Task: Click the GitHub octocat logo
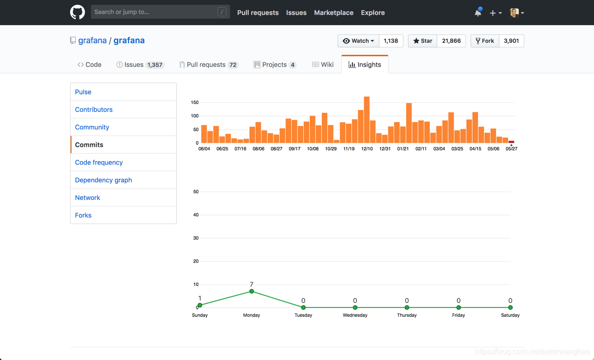(77, 13)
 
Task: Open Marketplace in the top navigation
(333, 13)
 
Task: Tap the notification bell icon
(478, 13)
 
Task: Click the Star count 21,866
(451, 41)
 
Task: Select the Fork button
(485, 41)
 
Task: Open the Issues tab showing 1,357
(140, 64)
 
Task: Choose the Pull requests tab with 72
(209, 64)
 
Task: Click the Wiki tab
(323, 64)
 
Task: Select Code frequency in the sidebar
(99, 162)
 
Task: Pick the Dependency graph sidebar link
(103, 180)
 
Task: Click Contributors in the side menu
(94, 109)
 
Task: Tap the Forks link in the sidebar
(83, 215)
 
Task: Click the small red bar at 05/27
(511, 141)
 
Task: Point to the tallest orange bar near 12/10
(367, 120)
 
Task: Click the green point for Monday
(252, 291)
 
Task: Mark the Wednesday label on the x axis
(355, 315)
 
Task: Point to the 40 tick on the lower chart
(196, 215)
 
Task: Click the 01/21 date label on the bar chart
(403, 149)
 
